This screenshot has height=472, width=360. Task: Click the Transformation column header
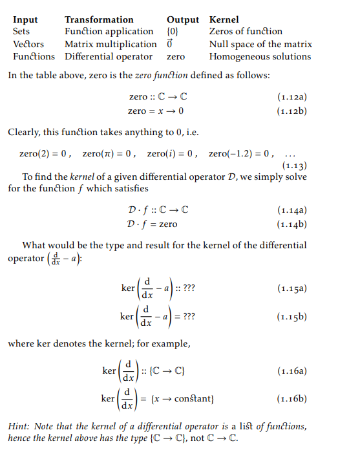point(99,19)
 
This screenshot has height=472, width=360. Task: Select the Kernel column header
point(224,19)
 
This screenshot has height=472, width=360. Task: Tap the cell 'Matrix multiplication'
point(111,44)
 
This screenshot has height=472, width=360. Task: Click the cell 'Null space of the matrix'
point(260,44)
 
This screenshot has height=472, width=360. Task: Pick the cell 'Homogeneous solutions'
point(260,56)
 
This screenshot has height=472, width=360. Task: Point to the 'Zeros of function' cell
point(246,32)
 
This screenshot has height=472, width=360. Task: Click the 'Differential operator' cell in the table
point(109,56)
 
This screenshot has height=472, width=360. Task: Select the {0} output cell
point(173,32)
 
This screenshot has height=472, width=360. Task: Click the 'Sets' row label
point(21,32)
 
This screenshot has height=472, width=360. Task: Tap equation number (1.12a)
point(291,98)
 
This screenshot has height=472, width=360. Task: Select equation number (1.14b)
point(291,224)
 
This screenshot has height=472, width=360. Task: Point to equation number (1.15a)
point(291,288)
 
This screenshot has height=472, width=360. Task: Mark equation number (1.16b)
point(291,399)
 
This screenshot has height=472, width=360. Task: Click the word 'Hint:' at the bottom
point(19,427)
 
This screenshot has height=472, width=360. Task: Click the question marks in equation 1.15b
point(190,317)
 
